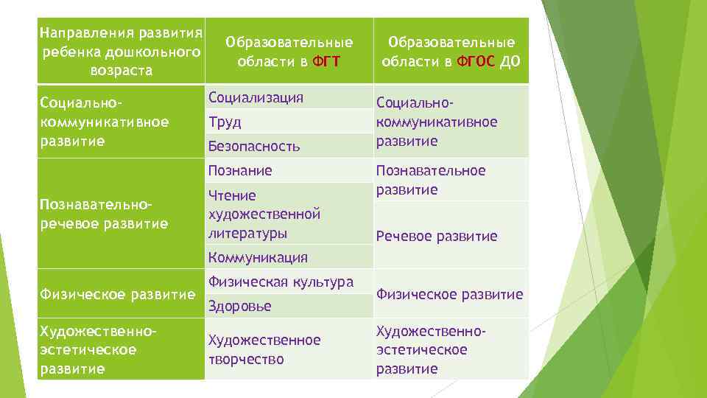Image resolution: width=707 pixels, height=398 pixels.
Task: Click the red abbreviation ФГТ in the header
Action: pyautogui.click(x=326, y=61)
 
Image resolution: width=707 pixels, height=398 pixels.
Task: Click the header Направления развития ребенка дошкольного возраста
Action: pyautogui.click(x=121, y=52)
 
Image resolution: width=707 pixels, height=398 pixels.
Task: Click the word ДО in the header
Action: pyautogui.click(x=510, y=61)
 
